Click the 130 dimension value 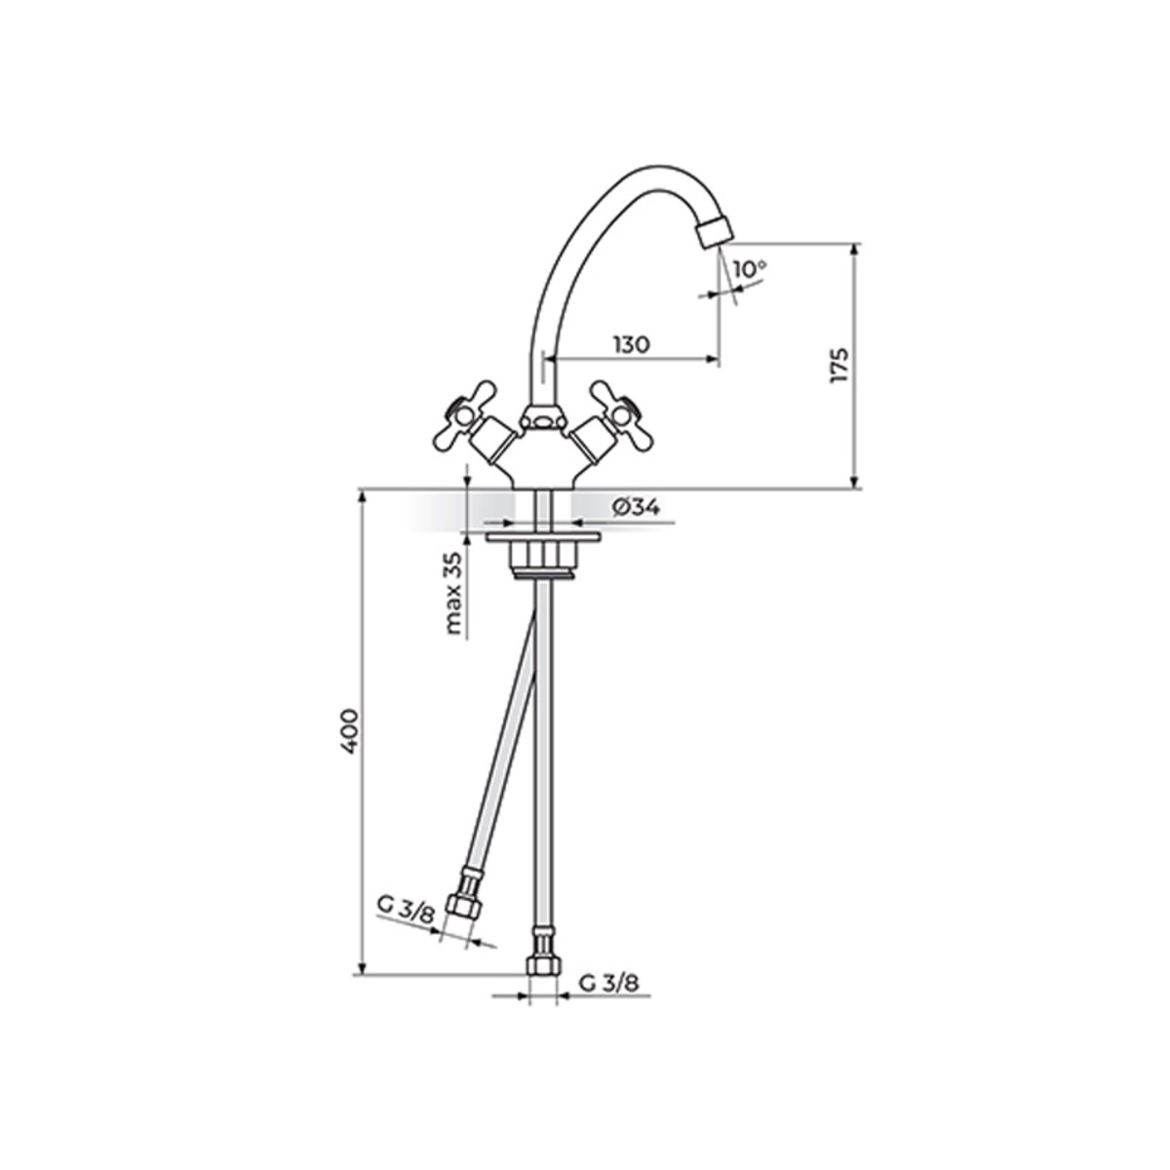(632, 344)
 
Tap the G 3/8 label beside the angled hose (406, 924)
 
